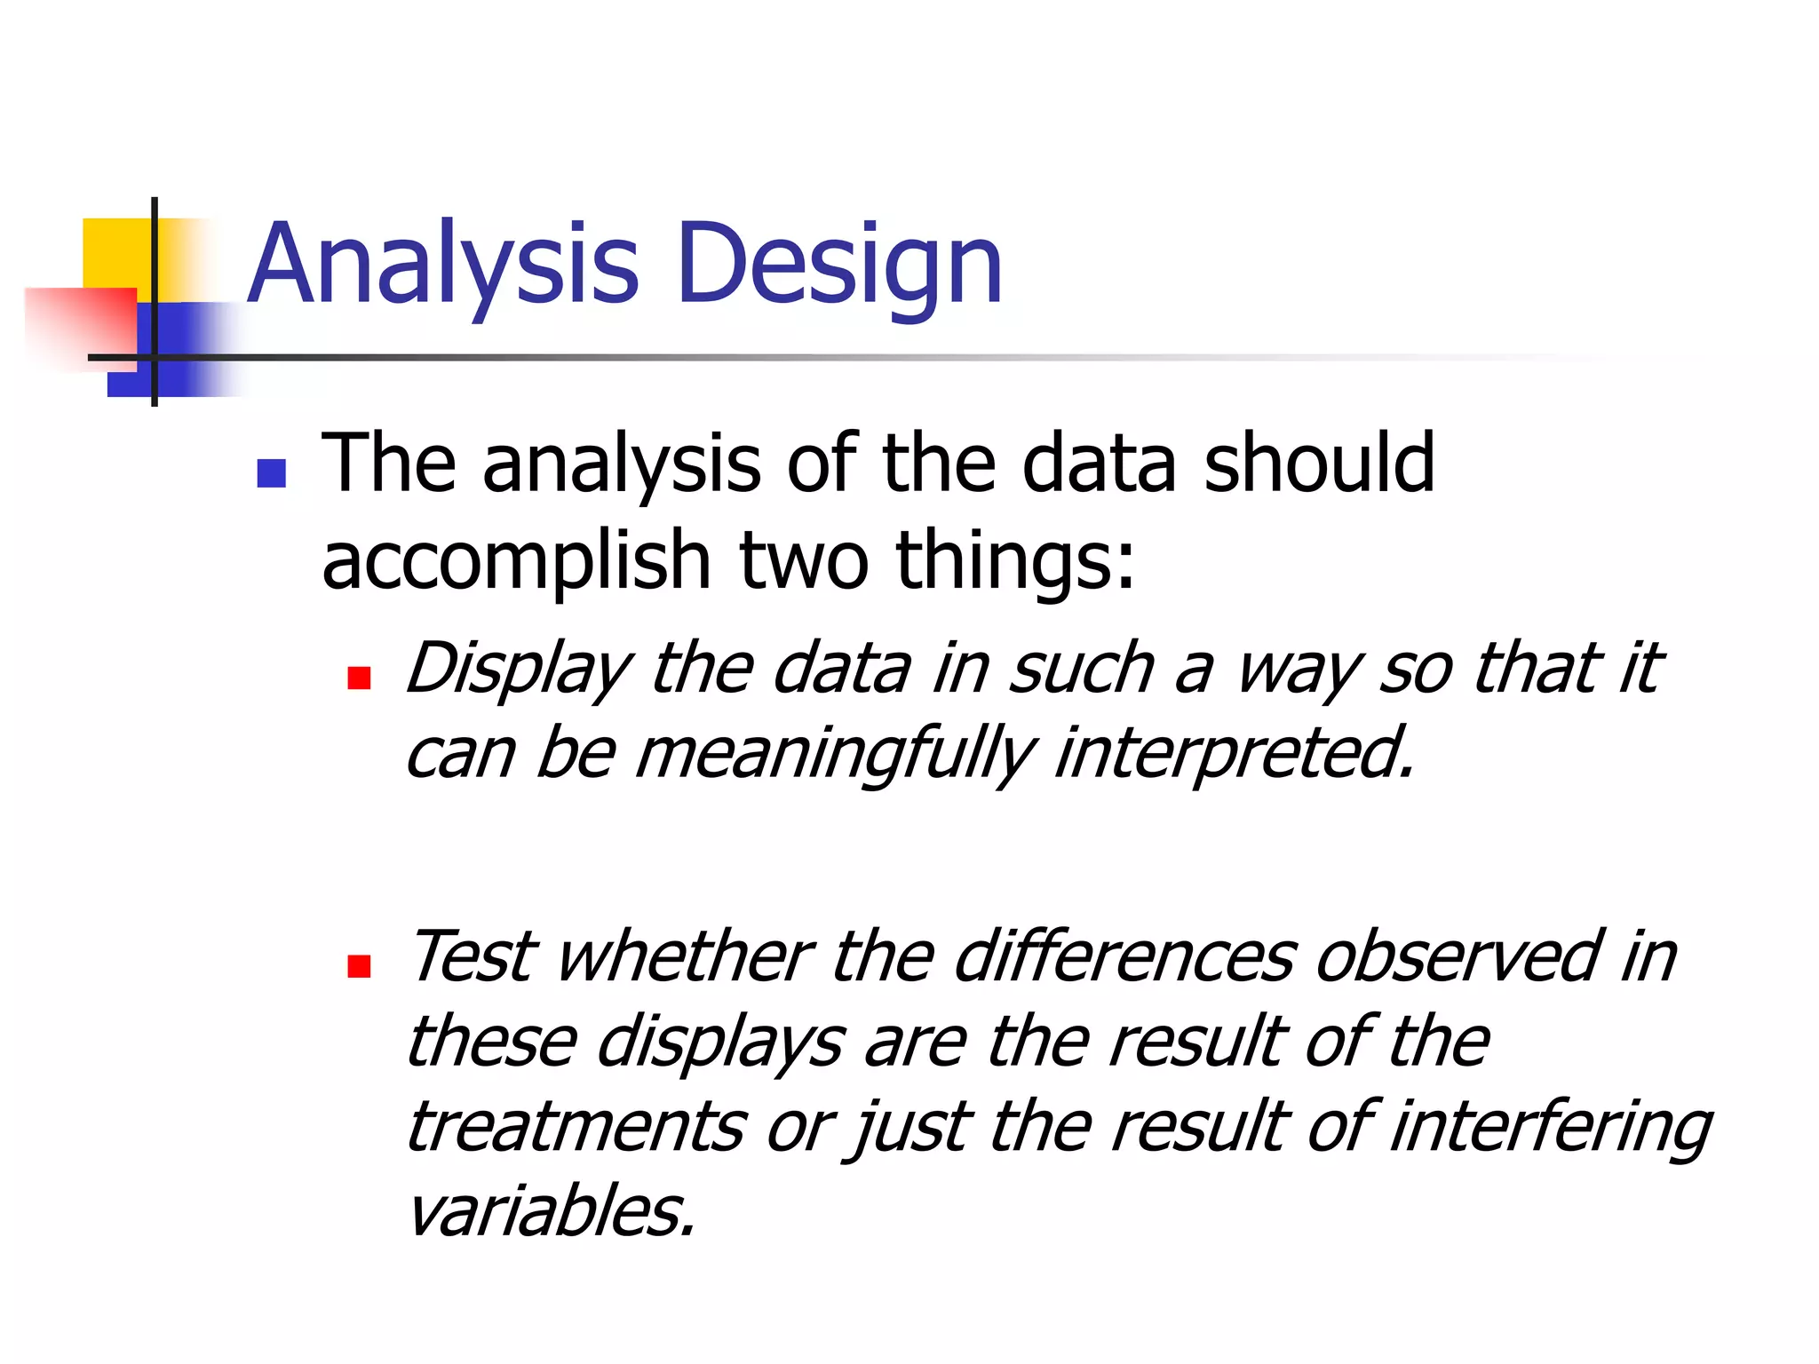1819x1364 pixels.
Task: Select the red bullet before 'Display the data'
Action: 359,678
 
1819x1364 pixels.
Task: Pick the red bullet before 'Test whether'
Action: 359,966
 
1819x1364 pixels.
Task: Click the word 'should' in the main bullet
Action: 1318,464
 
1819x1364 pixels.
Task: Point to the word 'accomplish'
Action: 516,561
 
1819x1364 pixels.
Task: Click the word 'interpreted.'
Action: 1235,753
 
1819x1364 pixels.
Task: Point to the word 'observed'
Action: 1457,957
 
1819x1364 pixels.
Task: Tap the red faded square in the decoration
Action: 80,324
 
